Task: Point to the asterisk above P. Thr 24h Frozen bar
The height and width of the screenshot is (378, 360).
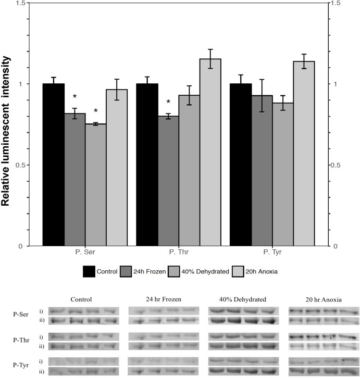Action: click(x=168, y=103)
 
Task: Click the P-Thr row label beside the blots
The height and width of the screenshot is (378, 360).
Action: click(x=22, y=341)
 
